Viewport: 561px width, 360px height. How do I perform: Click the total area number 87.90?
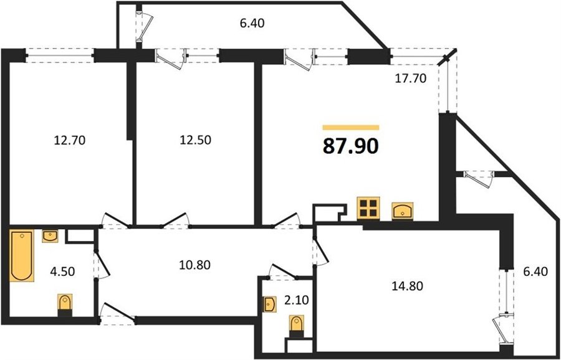click(350, 146)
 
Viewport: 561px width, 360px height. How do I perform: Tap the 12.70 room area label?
click(70, 140)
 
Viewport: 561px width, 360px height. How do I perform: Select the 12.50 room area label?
click(195, 140)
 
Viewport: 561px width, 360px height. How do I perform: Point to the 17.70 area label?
click(410, 78)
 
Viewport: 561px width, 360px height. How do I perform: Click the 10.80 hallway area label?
click(194, 265)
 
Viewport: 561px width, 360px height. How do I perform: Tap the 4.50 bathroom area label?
click(63, 272)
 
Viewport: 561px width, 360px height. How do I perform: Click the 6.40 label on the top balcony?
click(252, 24)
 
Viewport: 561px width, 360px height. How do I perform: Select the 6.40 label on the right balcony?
click(535, 272)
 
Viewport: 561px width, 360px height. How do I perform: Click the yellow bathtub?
click(21, 255)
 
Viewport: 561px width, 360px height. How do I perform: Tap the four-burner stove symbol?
click(368, 208)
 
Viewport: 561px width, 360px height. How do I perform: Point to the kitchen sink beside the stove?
click(403, 211)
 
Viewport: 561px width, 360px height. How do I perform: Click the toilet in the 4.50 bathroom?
click(65, 305)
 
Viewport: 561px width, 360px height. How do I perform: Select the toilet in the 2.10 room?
click(296, 326)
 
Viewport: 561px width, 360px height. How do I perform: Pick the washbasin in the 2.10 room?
click(269, 304)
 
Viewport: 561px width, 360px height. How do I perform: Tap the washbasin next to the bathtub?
click(50, 236)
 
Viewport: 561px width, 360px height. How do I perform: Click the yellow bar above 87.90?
click(350, 127)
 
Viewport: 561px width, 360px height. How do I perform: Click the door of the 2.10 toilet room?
click(283, 272)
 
